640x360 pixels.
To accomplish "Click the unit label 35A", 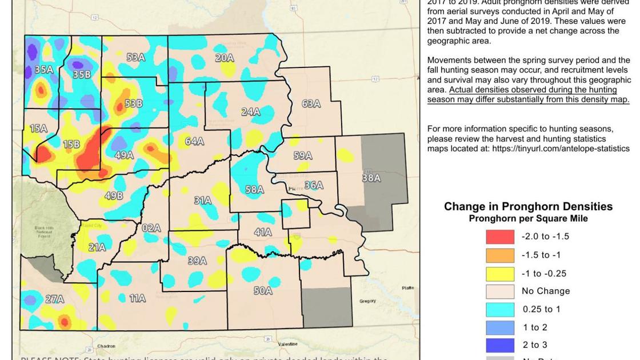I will (44, 69).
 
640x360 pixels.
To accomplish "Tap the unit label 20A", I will (225, 58).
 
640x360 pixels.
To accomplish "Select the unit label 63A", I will (311, 103).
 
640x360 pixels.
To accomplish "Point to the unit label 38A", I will (371, 178).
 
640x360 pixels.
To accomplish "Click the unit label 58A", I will (254, 189).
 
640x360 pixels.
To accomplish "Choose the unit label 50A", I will (263, 291).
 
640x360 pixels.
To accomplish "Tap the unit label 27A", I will (55, 299).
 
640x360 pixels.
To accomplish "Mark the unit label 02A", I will (151, 228).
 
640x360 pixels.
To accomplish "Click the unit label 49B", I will (114, 196).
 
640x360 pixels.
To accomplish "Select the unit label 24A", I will (250, 112).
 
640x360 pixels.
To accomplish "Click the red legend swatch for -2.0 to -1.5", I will (500, 237).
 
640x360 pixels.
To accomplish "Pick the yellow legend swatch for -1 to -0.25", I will (500, 273).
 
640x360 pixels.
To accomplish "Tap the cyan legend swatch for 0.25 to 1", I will (500, 309).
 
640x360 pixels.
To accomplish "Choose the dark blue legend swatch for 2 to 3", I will (500, 345).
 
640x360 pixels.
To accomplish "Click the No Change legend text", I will (545, 291).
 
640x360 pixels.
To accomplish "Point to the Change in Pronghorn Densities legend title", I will (528, 207).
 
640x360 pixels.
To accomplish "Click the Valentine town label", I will (287, 344).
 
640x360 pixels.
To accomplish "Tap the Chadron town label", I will (106, 346).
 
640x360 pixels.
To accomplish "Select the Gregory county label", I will (367, 301).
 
